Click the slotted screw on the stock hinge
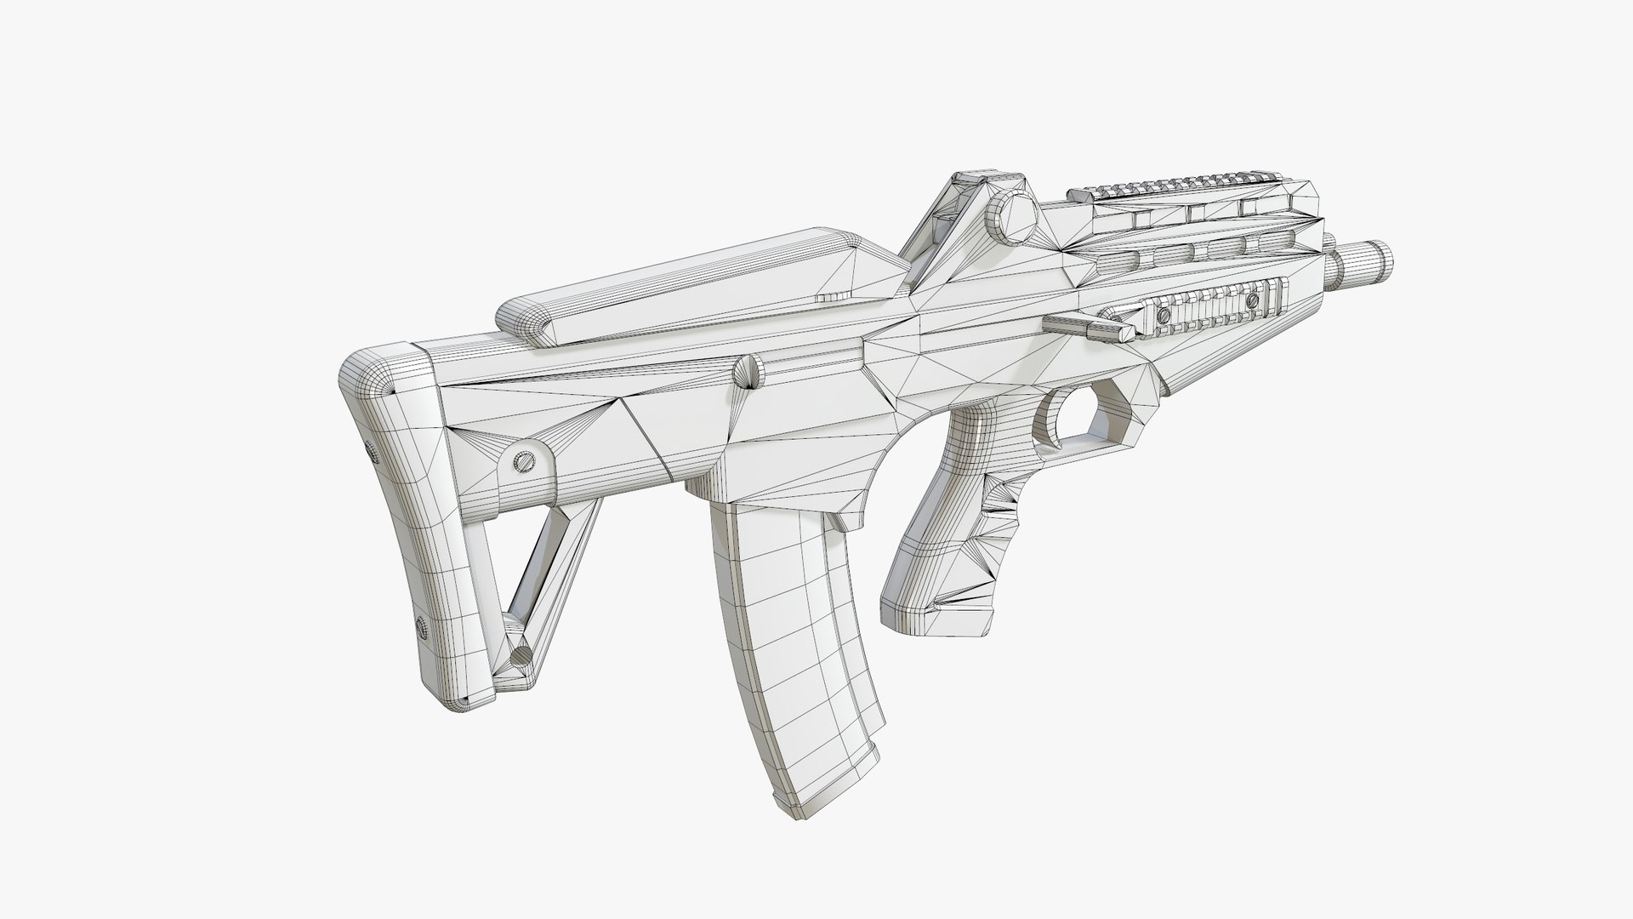click(x=525, y=459)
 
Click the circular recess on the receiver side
click(x=748, y=374)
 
